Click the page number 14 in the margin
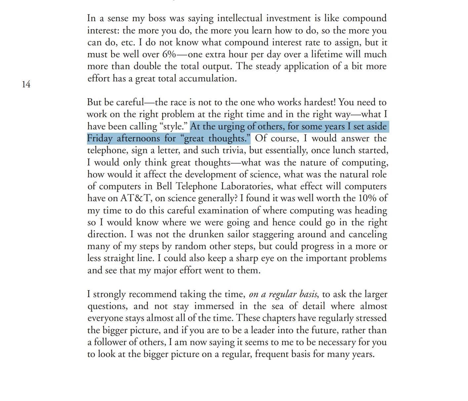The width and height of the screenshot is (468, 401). tap(26, 84)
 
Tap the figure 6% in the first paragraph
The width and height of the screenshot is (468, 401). tap(169, 54)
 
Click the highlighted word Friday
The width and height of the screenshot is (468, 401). tap(100, 138)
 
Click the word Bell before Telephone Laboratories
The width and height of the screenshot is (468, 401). tap(164, 186)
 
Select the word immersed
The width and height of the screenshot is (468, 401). tap(214, 306)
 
